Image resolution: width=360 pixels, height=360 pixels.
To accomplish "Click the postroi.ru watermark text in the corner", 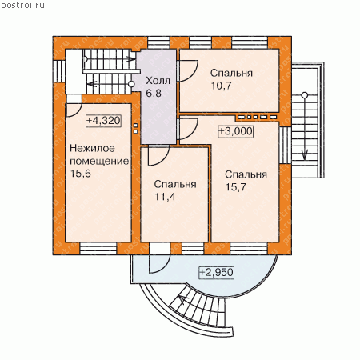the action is click(x=22, y=5).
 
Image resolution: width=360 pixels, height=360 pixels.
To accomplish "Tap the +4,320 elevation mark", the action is click(x=103, y=121).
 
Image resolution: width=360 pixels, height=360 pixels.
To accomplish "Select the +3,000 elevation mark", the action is click(x=235, y=131).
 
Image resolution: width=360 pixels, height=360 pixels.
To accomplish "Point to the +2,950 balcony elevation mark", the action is click(x=217, y=272).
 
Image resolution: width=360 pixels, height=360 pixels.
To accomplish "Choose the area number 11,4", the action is click(x=166, y=197).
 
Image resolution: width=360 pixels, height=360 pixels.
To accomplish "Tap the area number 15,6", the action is click(x=81, y=174).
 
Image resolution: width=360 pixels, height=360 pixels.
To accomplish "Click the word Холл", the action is click(x=158, y=81).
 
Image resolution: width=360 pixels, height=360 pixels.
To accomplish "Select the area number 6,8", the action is click(x=154, y=94).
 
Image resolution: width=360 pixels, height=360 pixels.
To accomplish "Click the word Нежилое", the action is click(x=92, y=148).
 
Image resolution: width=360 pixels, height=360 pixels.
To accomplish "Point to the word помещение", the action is click(x=99, y=162).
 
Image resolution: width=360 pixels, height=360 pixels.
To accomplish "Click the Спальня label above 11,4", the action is click(x=175, y=184).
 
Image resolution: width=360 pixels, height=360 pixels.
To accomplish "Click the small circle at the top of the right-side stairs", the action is click(x=305, y=95).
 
